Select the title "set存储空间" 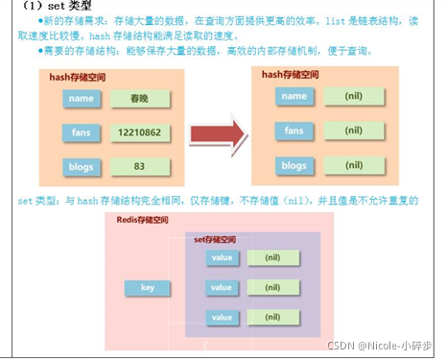213,238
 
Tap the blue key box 149,287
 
